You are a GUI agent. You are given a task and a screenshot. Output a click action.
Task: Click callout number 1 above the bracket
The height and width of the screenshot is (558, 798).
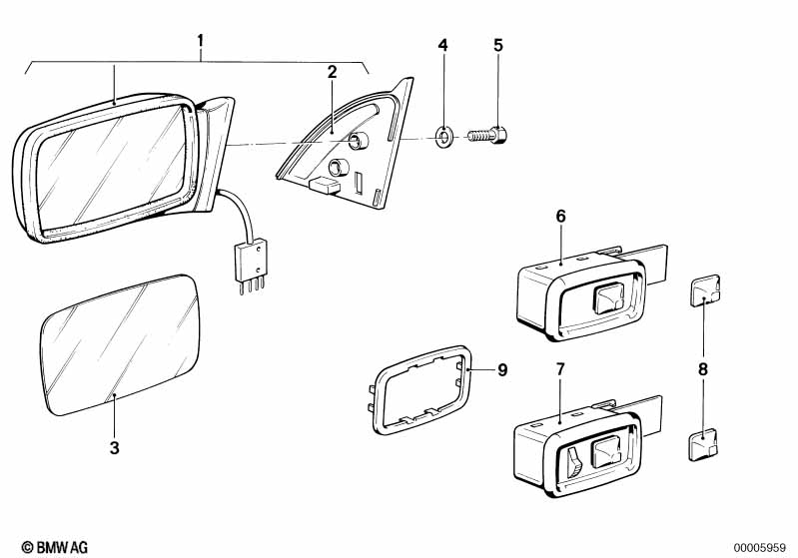click(200, 41)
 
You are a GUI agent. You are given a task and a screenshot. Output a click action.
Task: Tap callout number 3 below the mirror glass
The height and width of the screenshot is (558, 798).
click(115, 448)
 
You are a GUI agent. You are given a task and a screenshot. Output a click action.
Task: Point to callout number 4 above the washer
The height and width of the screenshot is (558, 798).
click(443, 45)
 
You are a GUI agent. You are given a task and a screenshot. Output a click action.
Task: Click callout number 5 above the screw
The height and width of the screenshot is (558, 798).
click(498, 45)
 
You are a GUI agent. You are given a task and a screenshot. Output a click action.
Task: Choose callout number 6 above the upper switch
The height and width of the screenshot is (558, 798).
click(560, 215)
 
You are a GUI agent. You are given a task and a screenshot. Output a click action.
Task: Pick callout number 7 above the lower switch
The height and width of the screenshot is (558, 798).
click(560, 369)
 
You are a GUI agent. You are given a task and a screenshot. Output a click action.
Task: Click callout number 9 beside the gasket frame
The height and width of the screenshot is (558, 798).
click(502, 370)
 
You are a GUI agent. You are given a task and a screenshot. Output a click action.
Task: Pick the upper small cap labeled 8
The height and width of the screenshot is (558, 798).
click(702, 290)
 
